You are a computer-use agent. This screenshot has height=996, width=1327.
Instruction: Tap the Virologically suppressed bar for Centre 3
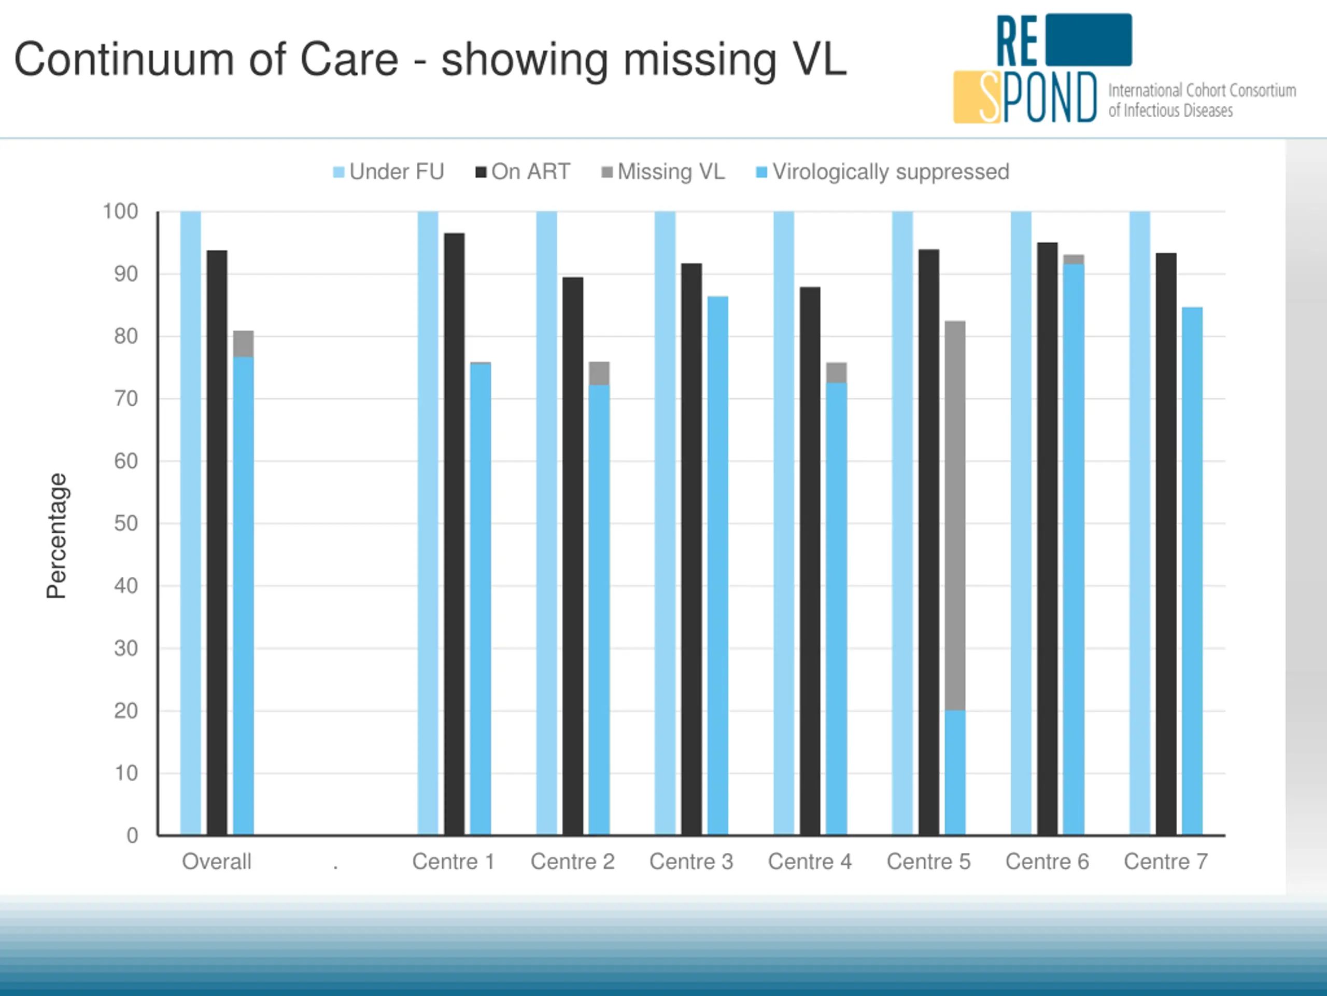click(717, 564)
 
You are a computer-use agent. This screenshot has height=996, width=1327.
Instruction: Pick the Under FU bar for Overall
click(191, 522)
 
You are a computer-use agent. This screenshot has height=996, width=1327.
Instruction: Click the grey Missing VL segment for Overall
click(243, 344)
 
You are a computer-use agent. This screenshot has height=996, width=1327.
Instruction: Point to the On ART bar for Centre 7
click(1166, 543)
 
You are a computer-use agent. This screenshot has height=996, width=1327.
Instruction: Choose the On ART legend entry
click(523, 172)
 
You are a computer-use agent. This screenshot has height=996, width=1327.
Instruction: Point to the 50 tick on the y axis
click(126, 523)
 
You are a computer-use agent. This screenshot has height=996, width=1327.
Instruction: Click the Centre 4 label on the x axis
click(809, 862)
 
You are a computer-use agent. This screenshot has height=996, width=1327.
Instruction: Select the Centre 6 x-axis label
click(1047, 862)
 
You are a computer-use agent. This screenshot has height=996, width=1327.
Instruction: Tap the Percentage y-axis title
click(57, 535)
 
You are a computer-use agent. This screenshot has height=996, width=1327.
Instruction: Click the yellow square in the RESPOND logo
click(967, 97)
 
